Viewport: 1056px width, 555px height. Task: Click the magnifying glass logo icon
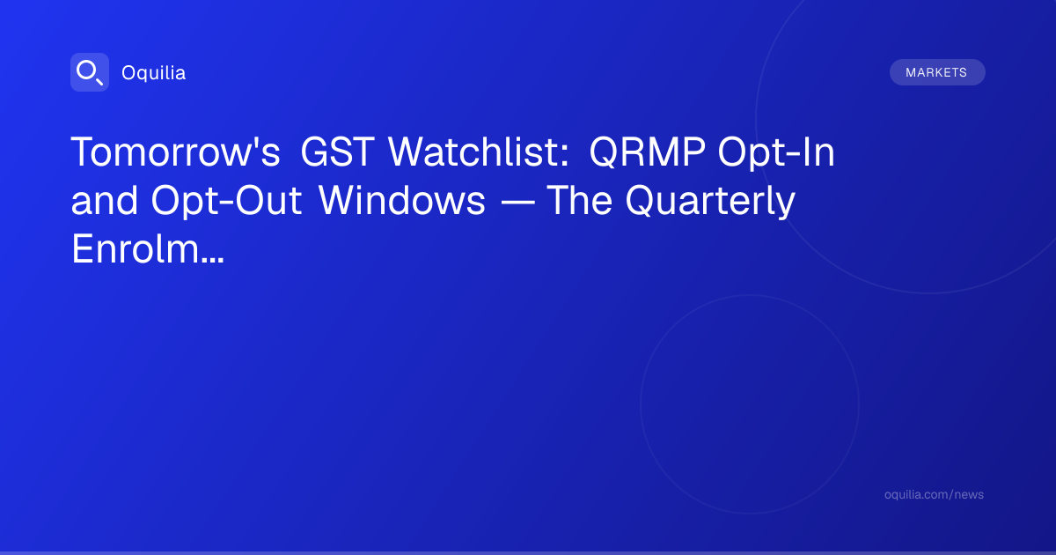click(90, 72)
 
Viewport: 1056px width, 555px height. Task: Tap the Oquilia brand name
click(154, 72)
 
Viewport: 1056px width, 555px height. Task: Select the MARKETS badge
click(937, 72)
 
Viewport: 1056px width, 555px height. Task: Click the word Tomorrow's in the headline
click(175, 152)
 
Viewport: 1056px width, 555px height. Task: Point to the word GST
click(337, 152)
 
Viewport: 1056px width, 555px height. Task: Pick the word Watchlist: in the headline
click(479, 152)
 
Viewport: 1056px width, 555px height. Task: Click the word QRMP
click(648, 152)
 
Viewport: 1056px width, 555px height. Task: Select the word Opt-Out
click(226, 201)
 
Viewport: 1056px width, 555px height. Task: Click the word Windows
click(401, 200)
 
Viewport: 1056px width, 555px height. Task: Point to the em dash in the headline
click(517, 203)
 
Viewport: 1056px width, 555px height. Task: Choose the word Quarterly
click(710, 201)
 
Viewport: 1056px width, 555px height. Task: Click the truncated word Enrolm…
click(148, 248)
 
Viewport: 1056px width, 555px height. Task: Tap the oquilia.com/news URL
click(934, 494)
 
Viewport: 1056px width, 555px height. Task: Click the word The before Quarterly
click(579, 200)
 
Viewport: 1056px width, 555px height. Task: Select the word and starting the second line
click(104, 200)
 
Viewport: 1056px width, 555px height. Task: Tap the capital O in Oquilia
click(129, 72)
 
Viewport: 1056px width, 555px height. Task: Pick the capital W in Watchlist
click(408, 152)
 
